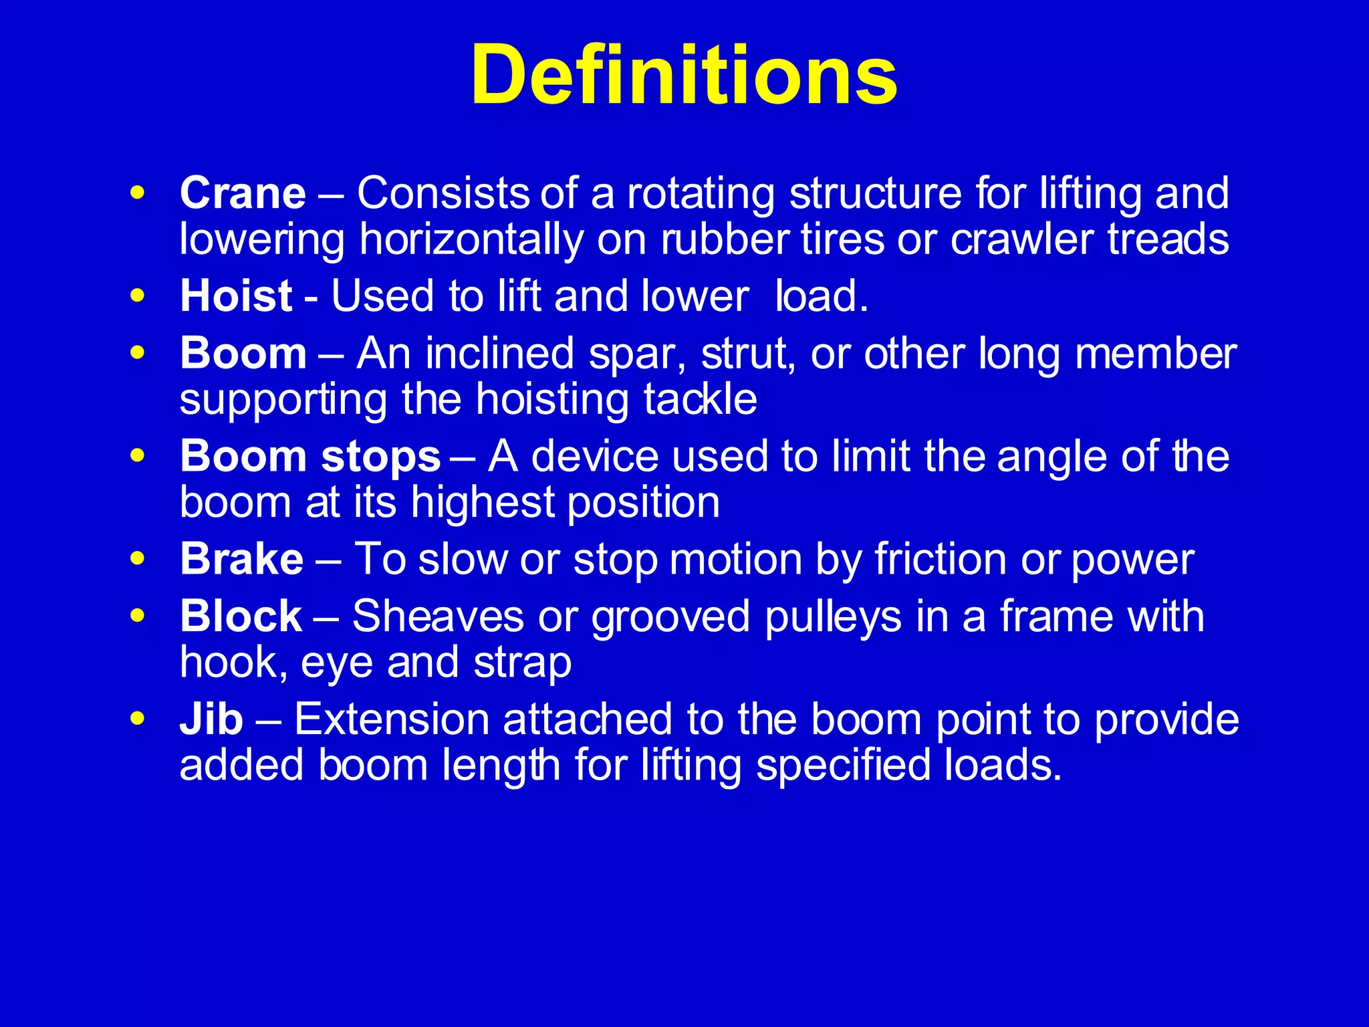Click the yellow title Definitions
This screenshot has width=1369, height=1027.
[x=684, y=74]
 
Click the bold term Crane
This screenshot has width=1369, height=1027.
[x=243, y=193]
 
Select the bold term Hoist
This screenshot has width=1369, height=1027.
[x=236, y=296]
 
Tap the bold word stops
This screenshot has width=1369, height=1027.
[x=380, y=457]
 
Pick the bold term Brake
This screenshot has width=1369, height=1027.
[x=241, y=559]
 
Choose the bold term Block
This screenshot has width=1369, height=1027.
[x=241, y=616]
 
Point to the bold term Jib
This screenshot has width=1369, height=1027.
[x=211, y=719]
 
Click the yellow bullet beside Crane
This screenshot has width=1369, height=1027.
[x=138, y=193]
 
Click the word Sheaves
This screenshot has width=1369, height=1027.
[x=438, y=616]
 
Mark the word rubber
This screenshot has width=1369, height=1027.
[x=724, y=239]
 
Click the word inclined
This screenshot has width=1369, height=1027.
[x=499, y=354]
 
